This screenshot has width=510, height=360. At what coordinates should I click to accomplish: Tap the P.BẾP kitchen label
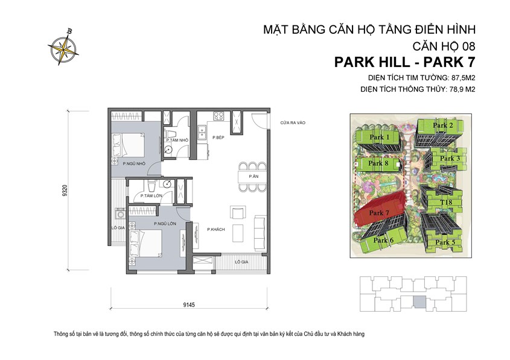coord(218,138)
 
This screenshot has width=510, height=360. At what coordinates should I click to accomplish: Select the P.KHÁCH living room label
coord(216,230)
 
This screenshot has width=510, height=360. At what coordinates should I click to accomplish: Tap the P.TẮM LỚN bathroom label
coord(150,195)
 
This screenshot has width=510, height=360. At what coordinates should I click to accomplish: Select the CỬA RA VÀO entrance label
coord(293,123)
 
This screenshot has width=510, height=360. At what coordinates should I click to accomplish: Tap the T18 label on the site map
coord(446,202)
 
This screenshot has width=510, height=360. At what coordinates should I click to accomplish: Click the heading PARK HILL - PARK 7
coord(404,62)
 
